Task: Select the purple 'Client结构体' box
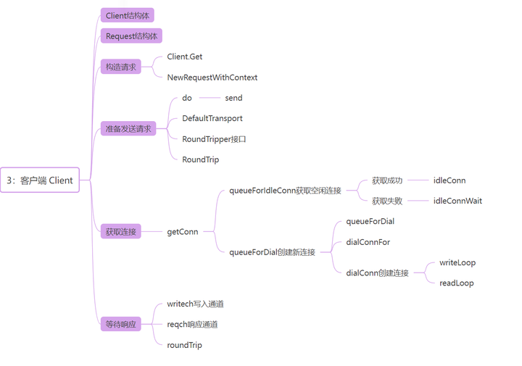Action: point(127,15)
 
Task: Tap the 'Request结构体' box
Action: point(131,36)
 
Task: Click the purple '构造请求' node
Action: point(120,67)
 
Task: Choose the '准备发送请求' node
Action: point(128,128)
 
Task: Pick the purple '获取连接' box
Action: point(120,232)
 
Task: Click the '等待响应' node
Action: point(120,325)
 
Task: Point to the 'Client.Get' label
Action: point(184,57)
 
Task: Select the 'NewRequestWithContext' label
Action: point(212,77)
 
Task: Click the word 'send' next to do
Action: point(233,98)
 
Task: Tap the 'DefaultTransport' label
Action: point(212,118)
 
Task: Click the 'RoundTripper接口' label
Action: point(214,138)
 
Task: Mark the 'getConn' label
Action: point(182,232)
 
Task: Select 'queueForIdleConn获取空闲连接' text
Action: point(285,191)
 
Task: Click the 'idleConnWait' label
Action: point(457,201)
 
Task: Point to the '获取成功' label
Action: point(386,180)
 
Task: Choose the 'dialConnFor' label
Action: point(368,242)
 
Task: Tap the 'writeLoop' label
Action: point(457,262)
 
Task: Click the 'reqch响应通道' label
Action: point(192,324)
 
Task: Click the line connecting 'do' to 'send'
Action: point(209,98)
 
